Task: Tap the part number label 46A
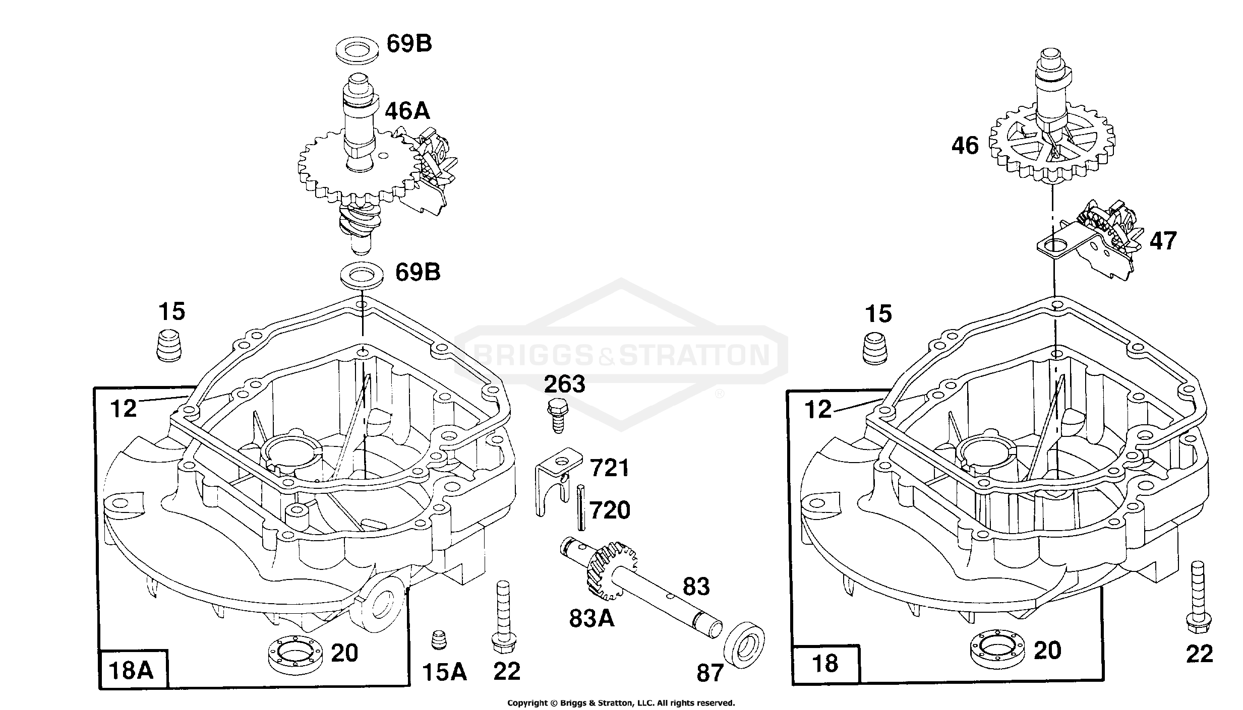[407, 111]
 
